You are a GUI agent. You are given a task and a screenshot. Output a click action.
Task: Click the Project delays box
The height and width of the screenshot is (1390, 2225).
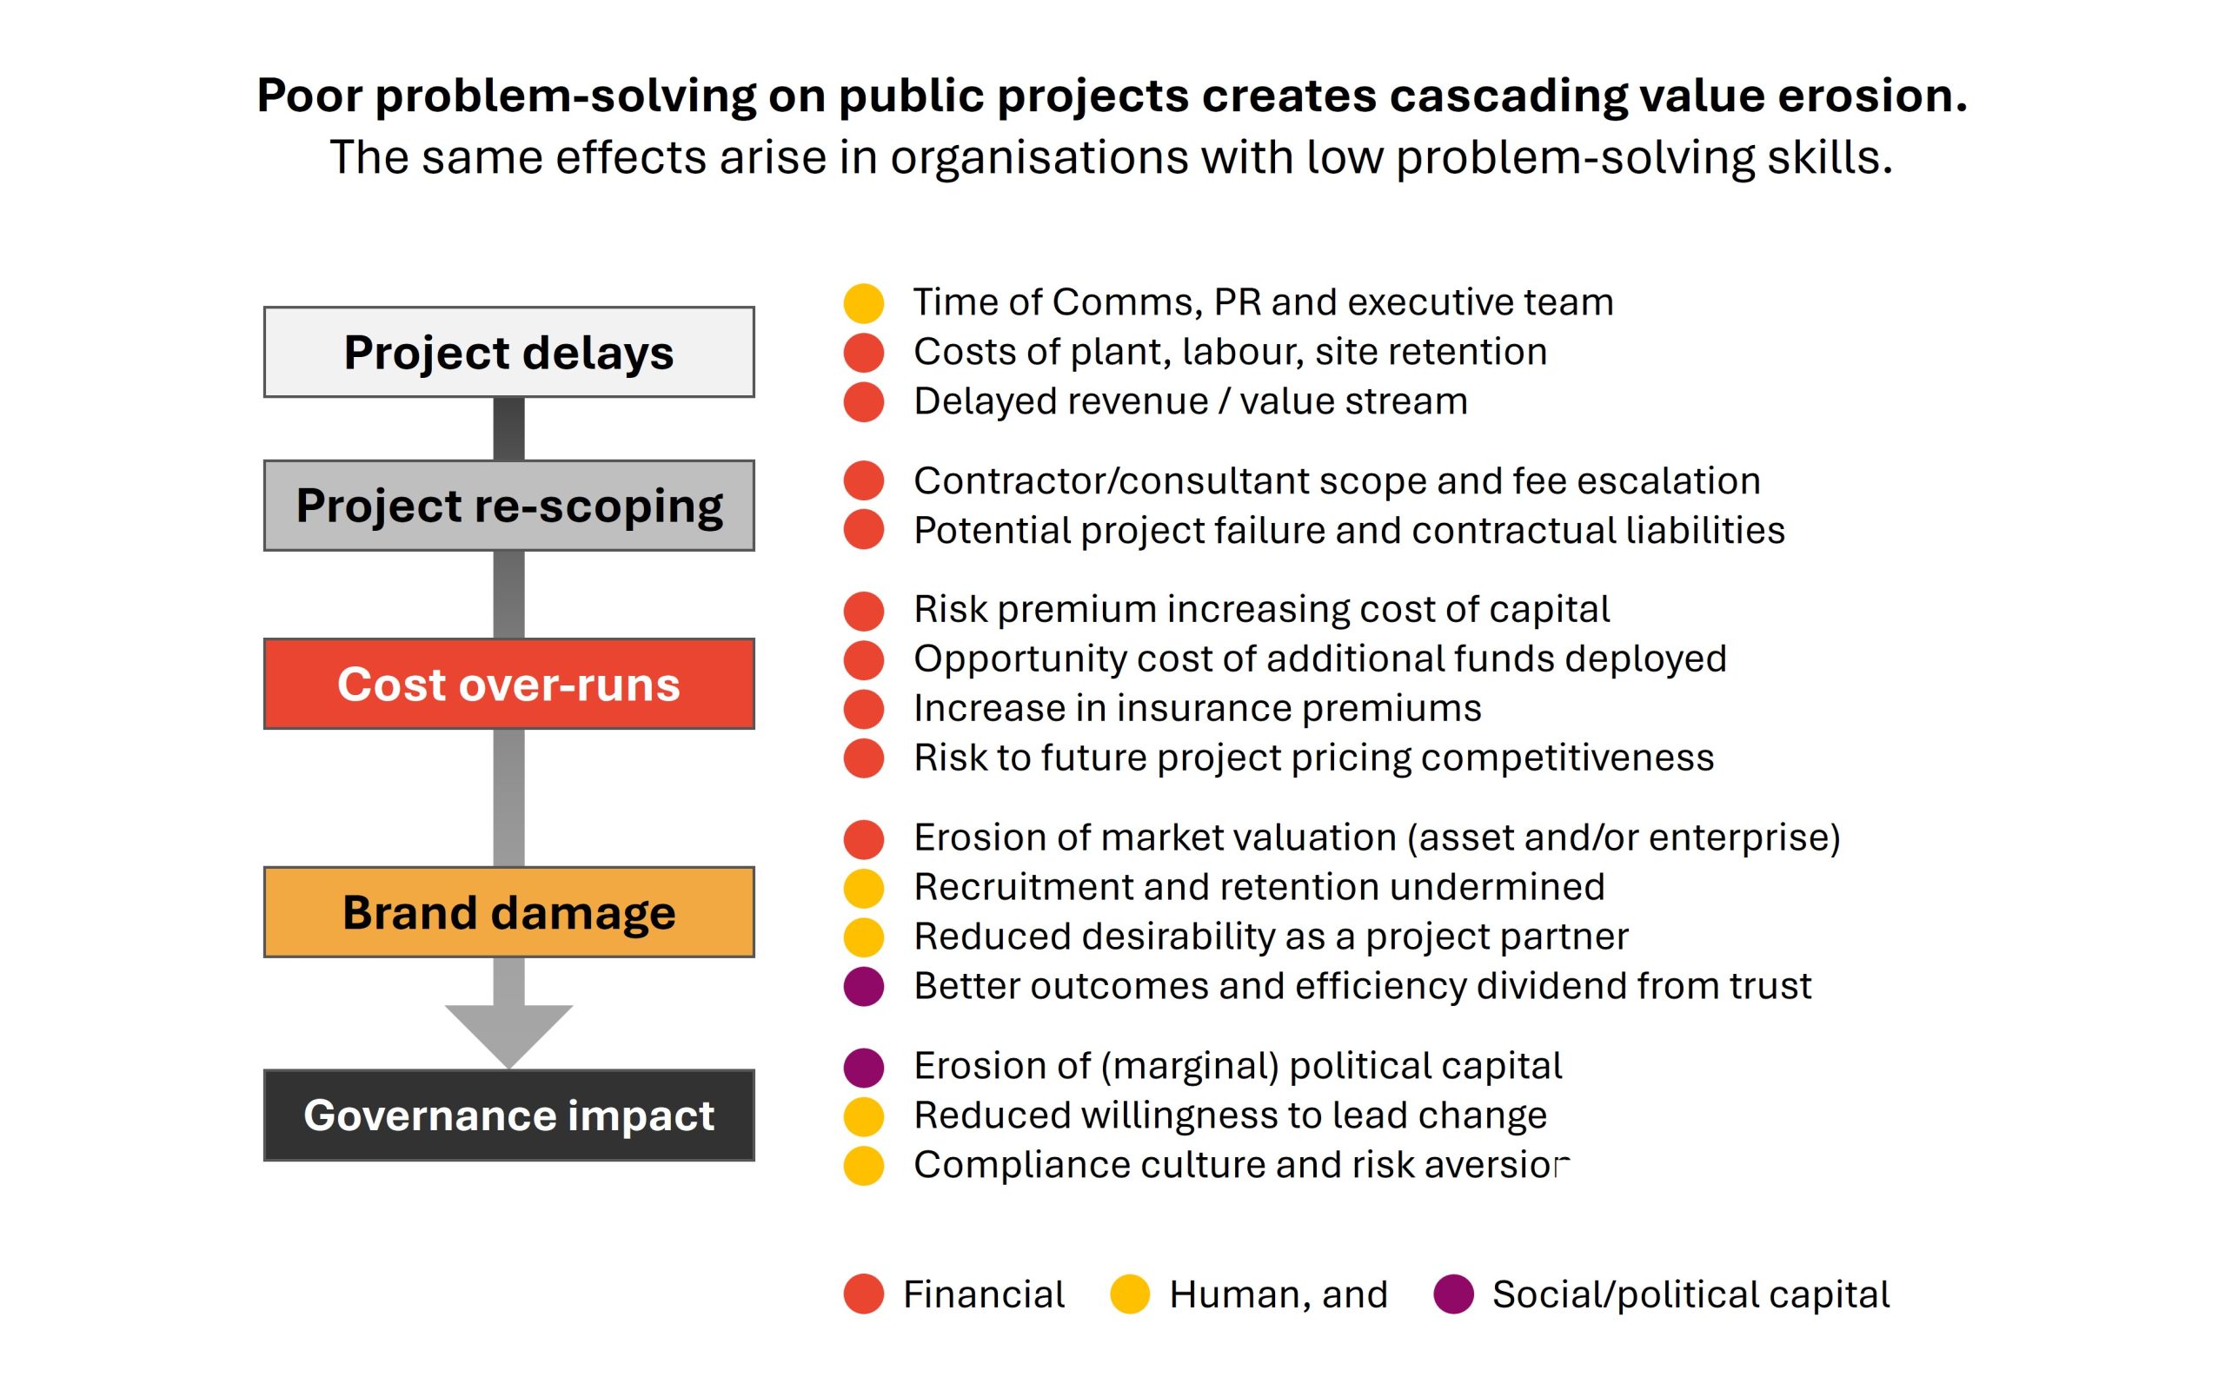click(x=508, y=352)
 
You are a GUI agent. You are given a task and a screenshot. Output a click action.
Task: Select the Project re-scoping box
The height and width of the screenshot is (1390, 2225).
click(x=508, y=506)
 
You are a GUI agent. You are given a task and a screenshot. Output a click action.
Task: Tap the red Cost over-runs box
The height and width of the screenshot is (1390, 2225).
click(x=508, y=684)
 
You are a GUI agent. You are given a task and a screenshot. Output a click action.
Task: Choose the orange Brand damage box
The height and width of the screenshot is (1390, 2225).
click(x=508, y=912)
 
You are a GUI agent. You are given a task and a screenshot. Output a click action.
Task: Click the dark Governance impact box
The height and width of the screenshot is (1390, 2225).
click(x=508, y=1115)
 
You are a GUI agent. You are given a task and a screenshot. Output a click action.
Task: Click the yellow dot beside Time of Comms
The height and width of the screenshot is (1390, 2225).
click(x=863, y=303)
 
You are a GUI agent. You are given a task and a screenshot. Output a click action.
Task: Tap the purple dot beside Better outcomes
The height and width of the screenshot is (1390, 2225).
click(x=863, y=986)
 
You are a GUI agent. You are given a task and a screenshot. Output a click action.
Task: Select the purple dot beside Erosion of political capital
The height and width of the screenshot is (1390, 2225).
click(x=863, y=1067)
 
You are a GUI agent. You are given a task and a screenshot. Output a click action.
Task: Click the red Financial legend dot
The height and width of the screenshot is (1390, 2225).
click(x=863, y=1294)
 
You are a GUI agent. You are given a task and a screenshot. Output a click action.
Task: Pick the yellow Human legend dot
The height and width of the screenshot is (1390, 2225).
click(x=1130, y=1294)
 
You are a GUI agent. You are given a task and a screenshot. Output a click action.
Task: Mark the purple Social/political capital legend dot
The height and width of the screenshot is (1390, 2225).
click(x=1453, y=1294)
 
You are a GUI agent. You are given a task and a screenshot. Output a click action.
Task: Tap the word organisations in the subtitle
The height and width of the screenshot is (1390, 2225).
click(x=1039, y=157)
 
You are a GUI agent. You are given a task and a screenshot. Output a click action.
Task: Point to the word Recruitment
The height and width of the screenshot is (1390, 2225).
click(x=1021, y=887)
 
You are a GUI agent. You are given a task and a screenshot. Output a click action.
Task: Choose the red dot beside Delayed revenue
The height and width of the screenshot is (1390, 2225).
click(x=863, y=402)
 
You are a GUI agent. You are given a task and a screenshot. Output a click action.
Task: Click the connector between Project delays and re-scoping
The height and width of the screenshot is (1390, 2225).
click(x=508, y=428)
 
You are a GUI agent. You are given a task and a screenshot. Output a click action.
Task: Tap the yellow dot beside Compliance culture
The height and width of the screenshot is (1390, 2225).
click(x=863, y=1166)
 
